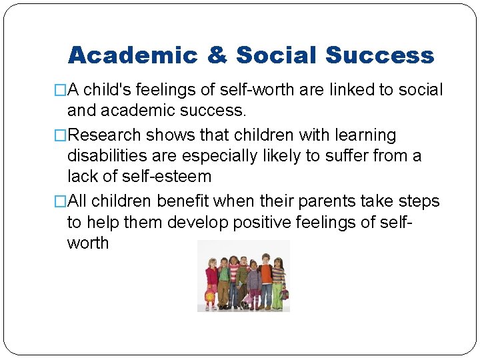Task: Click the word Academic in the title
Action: pyautogui.click(x=133, y=55)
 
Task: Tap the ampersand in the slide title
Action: pyautogui.click(x=217, y=55)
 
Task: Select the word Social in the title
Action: pyautogui.click(x=273, y=55)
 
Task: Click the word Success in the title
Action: pyautogui.click(x=379, y=55)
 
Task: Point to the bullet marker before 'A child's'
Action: pyautogui.click(x=61, y=91)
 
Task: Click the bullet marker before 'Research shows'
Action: pyautogui.click(x=61, y=135)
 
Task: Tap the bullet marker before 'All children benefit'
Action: pyautogui.click(x=61, y=201)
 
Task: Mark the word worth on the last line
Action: pyautogui.click(x=88, y=243)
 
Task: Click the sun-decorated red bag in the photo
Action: pyautogui.click(x=209, y=295)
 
